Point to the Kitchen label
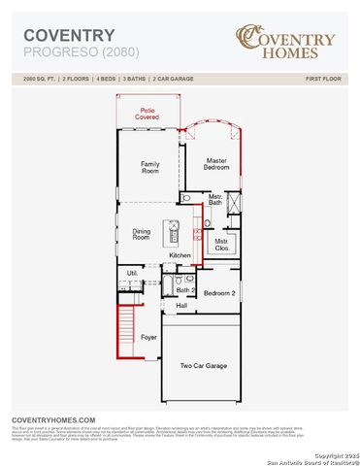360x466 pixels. click(180, 255)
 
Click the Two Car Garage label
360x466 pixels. click(203, 366)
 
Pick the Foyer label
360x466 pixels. click(148, 337)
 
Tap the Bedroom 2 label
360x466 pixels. click(218, 292)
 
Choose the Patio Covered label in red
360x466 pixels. click(148, 114)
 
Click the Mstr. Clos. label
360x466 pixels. click(221, 243)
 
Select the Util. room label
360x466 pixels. click(132, 274)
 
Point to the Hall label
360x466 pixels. click(181, 306)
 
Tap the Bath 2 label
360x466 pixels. click(185, 290)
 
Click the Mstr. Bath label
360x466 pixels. click(215, 200)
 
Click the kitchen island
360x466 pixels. click(176, 233)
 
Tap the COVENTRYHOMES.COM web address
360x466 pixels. click(53, 418)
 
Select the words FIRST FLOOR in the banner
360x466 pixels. click(326, 77)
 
